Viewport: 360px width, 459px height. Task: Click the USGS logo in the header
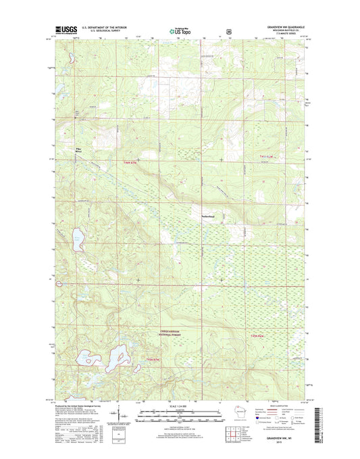pyautogui.click(x=64, y=30)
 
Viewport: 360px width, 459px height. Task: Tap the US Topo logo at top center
pyautogui.click(x=180, y=30)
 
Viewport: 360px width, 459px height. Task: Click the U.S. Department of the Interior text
pyautogui.click(x=104, y=28)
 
